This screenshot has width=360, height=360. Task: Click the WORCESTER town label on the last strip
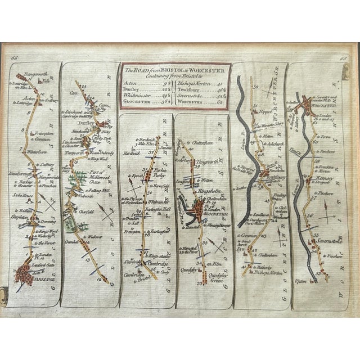(326, 105)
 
